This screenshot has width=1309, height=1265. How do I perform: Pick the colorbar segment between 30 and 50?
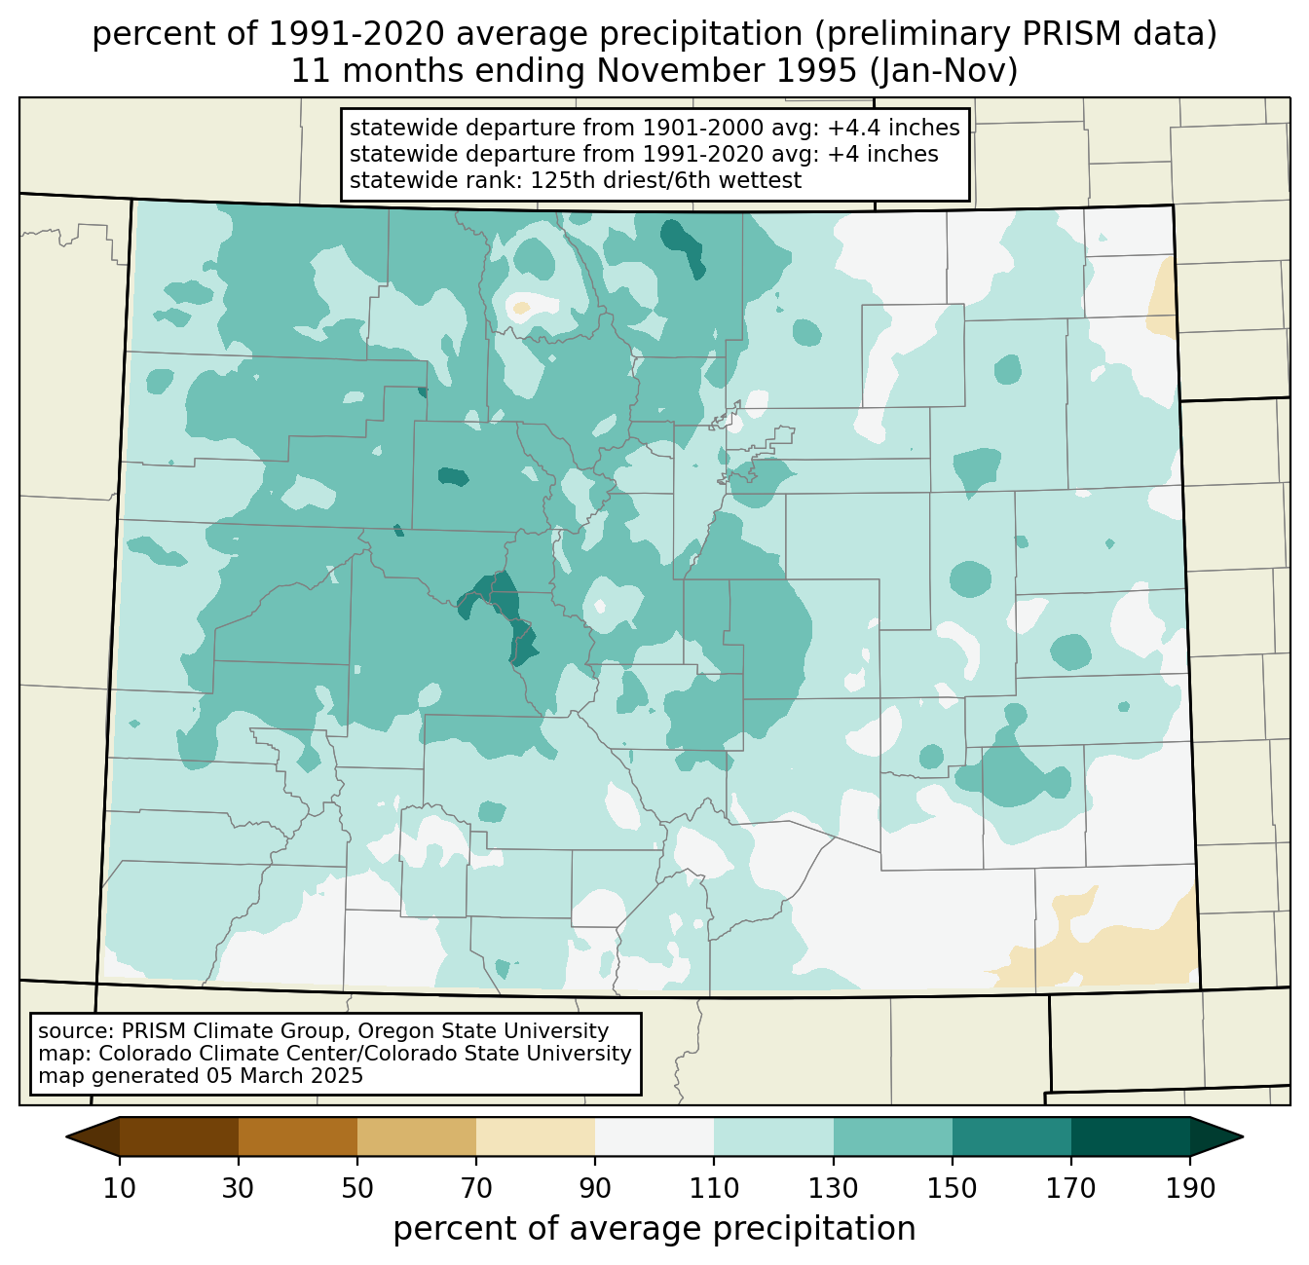(x=297, y=1137)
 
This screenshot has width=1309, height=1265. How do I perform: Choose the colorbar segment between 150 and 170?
(x=1011, y=1137)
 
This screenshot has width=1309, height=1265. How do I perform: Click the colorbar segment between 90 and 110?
(x=654, y=1137)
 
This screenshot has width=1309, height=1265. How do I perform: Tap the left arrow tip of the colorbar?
(x=66, y=1137)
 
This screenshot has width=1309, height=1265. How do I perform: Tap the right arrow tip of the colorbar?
(x=1243, y=1137)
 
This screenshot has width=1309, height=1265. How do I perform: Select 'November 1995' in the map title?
(x=728, y=71)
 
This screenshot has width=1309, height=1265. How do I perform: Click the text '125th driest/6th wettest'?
(x=666, y=180)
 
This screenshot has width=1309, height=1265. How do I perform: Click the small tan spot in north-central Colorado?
(x=521, y=308)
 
